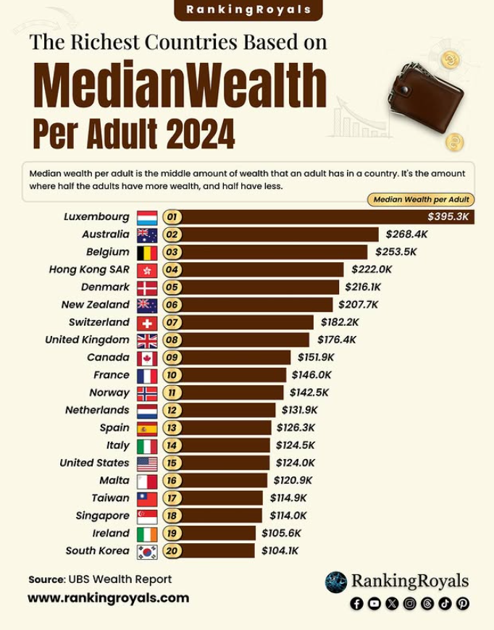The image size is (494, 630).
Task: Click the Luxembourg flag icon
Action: (147, 217)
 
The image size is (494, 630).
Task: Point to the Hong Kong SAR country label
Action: (89, 269)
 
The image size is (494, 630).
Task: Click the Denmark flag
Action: (147, 287)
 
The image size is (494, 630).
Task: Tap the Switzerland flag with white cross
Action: (147, 322)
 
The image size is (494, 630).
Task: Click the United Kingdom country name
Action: (87, 340)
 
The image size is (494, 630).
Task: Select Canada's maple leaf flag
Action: (147, 358)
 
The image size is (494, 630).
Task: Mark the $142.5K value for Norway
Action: (310, 392)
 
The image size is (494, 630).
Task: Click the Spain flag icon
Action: (147, 428)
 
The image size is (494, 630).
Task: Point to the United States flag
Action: (147, 463)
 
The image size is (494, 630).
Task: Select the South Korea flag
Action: (147, 551)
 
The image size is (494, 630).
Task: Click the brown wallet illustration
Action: (430, 98)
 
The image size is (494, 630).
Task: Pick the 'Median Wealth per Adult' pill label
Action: (421, 199)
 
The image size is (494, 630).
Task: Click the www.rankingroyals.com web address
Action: (108, 598)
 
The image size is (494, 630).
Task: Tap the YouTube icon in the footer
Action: (374, 603)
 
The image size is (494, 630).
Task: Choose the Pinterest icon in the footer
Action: (462, 603)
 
